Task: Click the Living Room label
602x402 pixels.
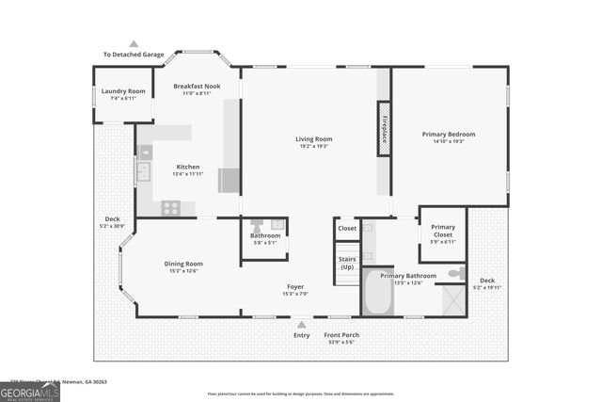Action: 315,139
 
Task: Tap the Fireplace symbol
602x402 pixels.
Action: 384,131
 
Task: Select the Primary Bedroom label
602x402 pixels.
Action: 449,135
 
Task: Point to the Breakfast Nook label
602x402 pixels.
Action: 196,86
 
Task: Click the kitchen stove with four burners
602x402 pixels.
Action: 170,208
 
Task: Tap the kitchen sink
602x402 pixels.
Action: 144,171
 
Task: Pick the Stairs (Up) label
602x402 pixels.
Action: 347,263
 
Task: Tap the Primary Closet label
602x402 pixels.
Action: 442,231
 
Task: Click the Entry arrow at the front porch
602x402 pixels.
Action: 301,324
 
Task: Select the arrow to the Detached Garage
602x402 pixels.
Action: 134,43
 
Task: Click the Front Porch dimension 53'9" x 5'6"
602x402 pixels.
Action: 342,343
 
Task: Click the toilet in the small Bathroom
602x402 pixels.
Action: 256,226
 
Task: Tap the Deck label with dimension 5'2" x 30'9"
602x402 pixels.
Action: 113,222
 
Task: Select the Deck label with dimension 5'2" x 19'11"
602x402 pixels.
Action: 486,283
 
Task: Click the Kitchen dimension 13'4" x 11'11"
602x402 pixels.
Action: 188,174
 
